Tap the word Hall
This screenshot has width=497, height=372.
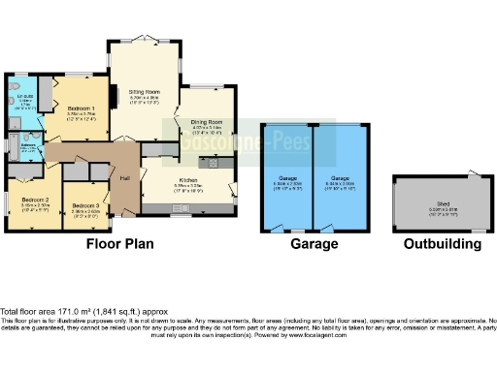click(x=125, y=178)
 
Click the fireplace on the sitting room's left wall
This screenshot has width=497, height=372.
click(x=112, y=97)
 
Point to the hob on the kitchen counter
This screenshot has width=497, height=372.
click(x=221, y=166)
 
